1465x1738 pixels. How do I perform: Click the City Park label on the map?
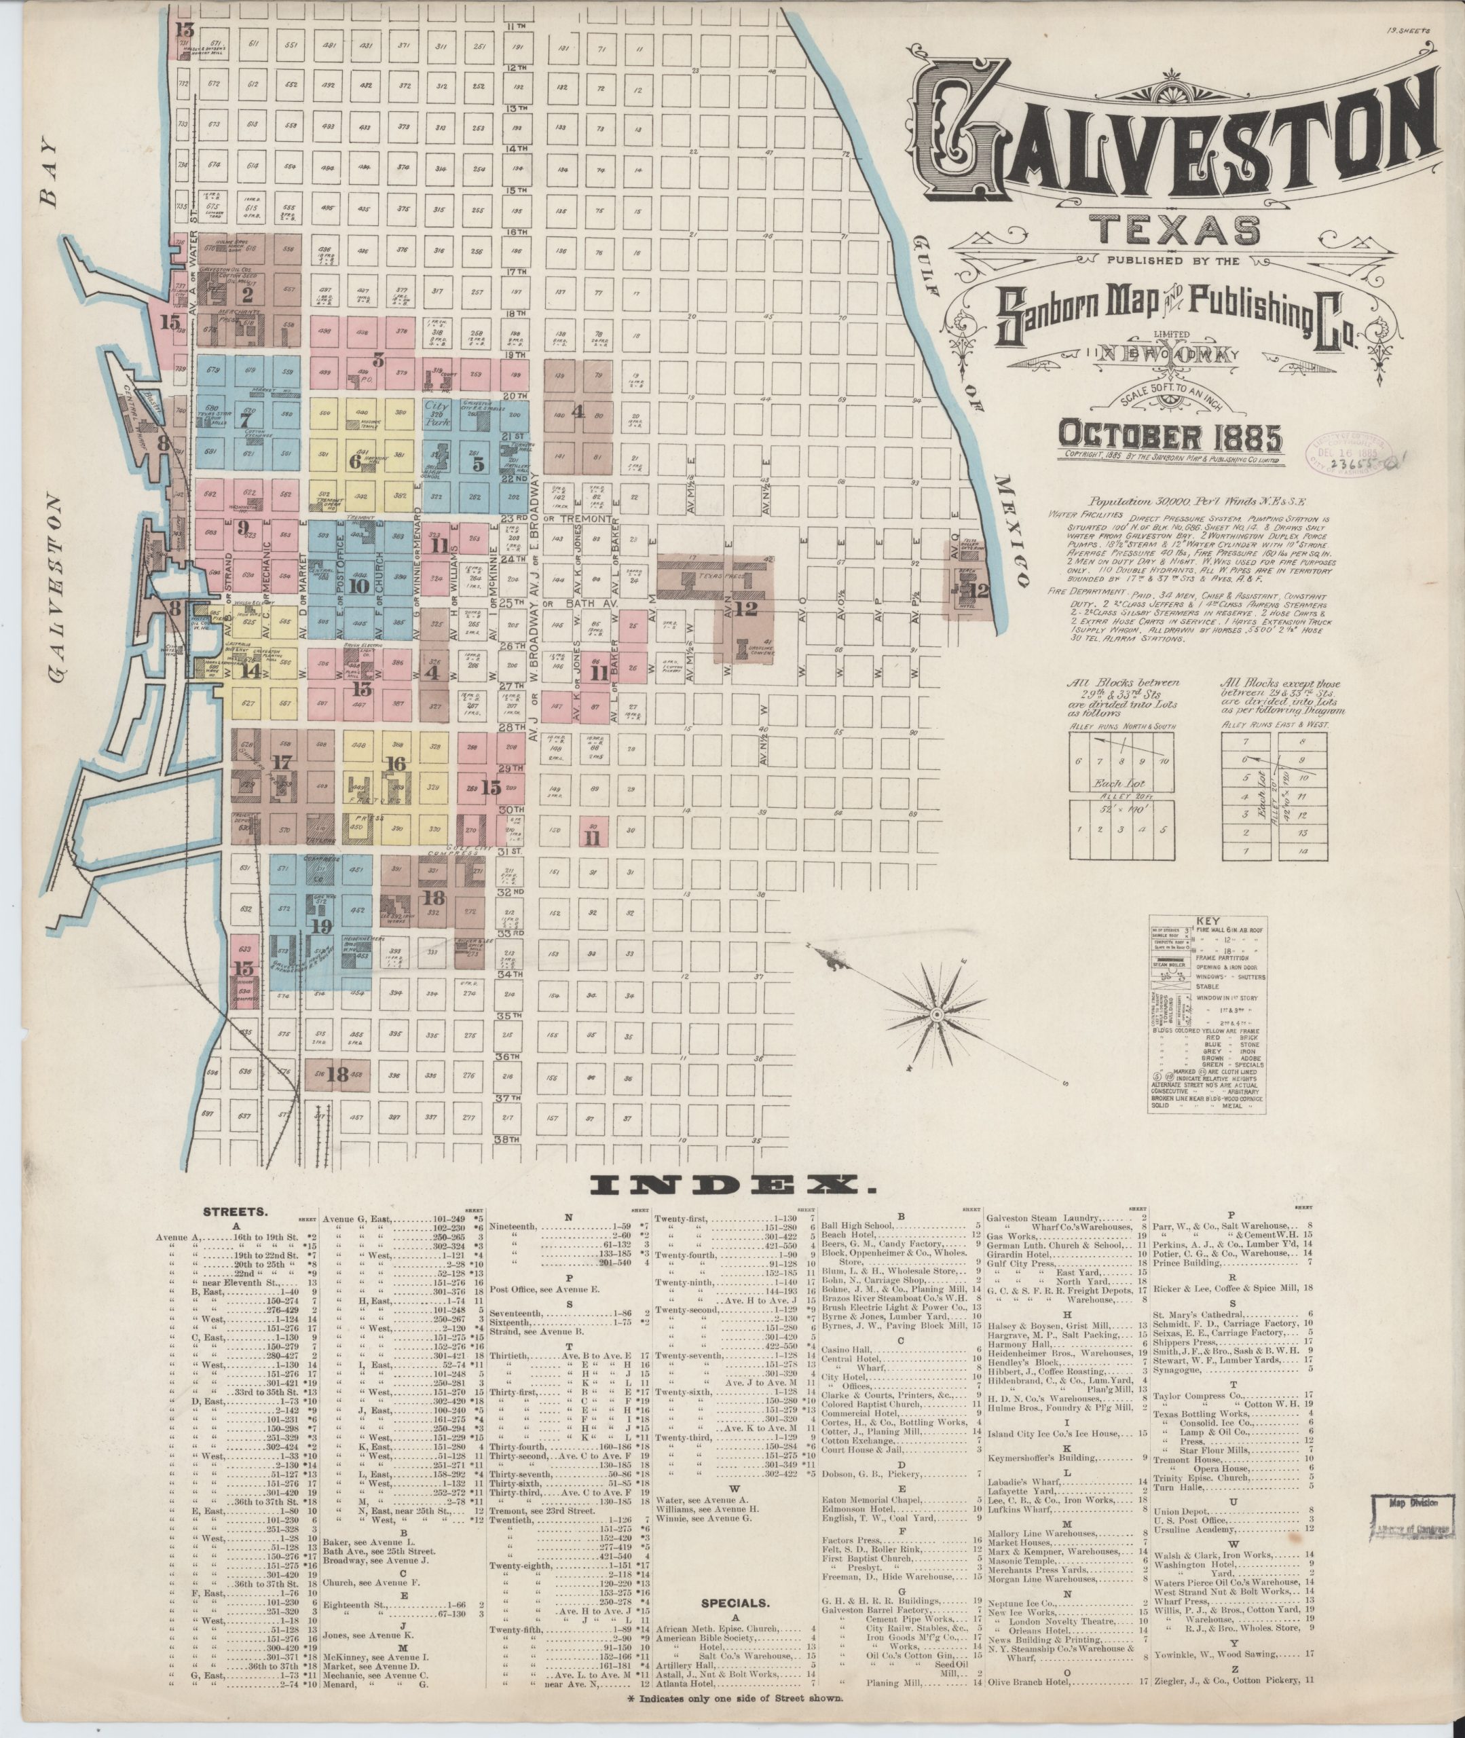(x=436, y=413)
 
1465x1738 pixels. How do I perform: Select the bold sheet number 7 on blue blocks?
(x=245, y=420)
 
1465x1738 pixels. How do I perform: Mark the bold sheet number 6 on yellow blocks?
(x=356, y=462)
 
